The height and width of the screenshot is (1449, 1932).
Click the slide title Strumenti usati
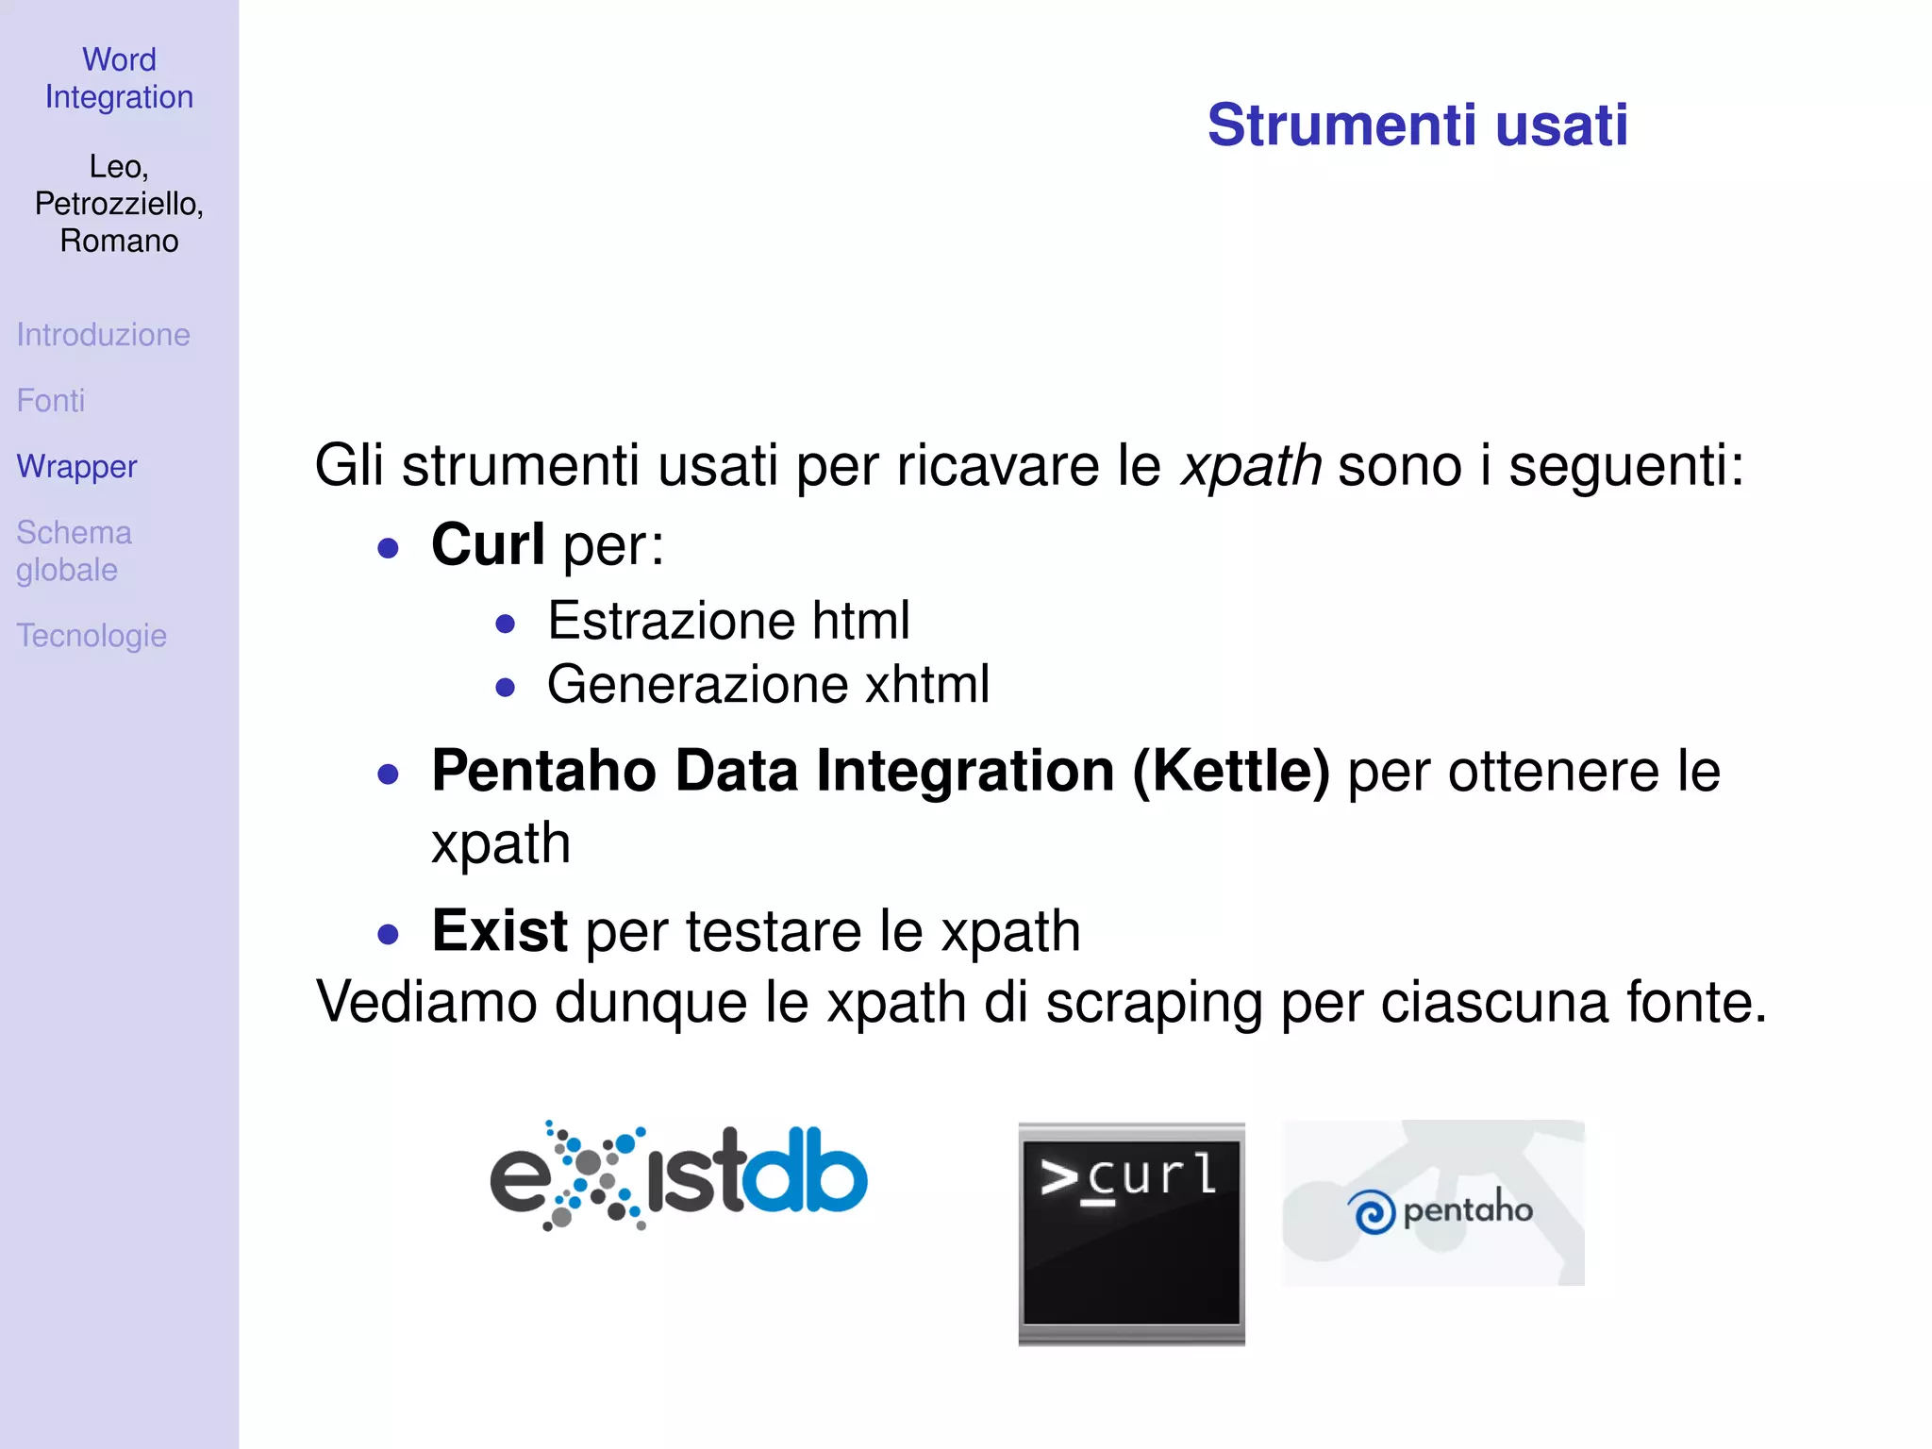point(1417,125)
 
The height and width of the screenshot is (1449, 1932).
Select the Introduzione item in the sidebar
point(103,335)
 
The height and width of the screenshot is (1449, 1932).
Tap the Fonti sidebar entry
point(51,401)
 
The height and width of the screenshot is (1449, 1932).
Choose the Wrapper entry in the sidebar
point(76,467)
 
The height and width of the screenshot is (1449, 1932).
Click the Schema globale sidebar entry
point(74,551)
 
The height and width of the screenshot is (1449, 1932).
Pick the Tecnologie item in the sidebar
point(92,636)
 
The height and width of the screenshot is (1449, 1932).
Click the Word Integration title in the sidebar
point(119,78)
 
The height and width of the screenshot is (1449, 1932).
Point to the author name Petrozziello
point(119,204)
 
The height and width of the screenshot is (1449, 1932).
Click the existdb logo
point(678,1176)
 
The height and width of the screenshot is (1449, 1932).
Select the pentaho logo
point(1433,1204)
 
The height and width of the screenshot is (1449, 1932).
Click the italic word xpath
point(1251,466)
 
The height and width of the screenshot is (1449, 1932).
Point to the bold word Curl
point(488,545)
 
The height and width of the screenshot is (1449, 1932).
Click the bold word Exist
point(499,931)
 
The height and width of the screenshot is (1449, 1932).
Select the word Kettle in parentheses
point(1231,772)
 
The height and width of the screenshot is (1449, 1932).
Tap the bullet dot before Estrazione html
point(506,624)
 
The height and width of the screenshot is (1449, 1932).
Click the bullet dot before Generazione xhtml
point(506,688)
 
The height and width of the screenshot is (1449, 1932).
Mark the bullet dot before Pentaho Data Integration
point(388,774)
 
